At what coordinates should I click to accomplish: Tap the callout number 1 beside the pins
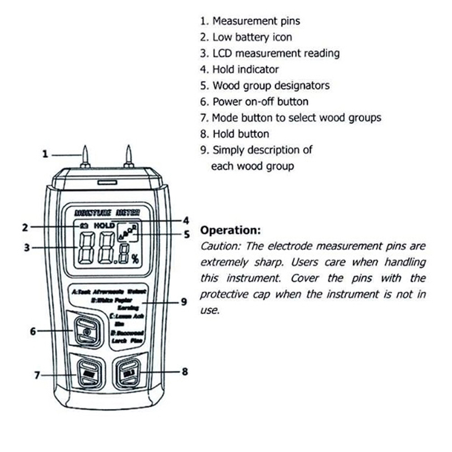[x=45, y=154]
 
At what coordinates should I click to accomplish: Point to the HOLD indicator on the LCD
[x=104, y=225]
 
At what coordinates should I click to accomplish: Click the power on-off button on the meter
[x=86, y=331]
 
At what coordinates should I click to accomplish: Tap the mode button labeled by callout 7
[x=88, y=373]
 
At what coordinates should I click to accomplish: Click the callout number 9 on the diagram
[x=184, y=302]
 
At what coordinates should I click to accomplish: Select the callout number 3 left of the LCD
[x=26, y=247]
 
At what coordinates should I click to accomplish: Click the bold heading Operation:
[x=231, y=231]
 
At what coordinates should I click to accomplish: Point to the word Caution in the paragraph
[x=218, y=246]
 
